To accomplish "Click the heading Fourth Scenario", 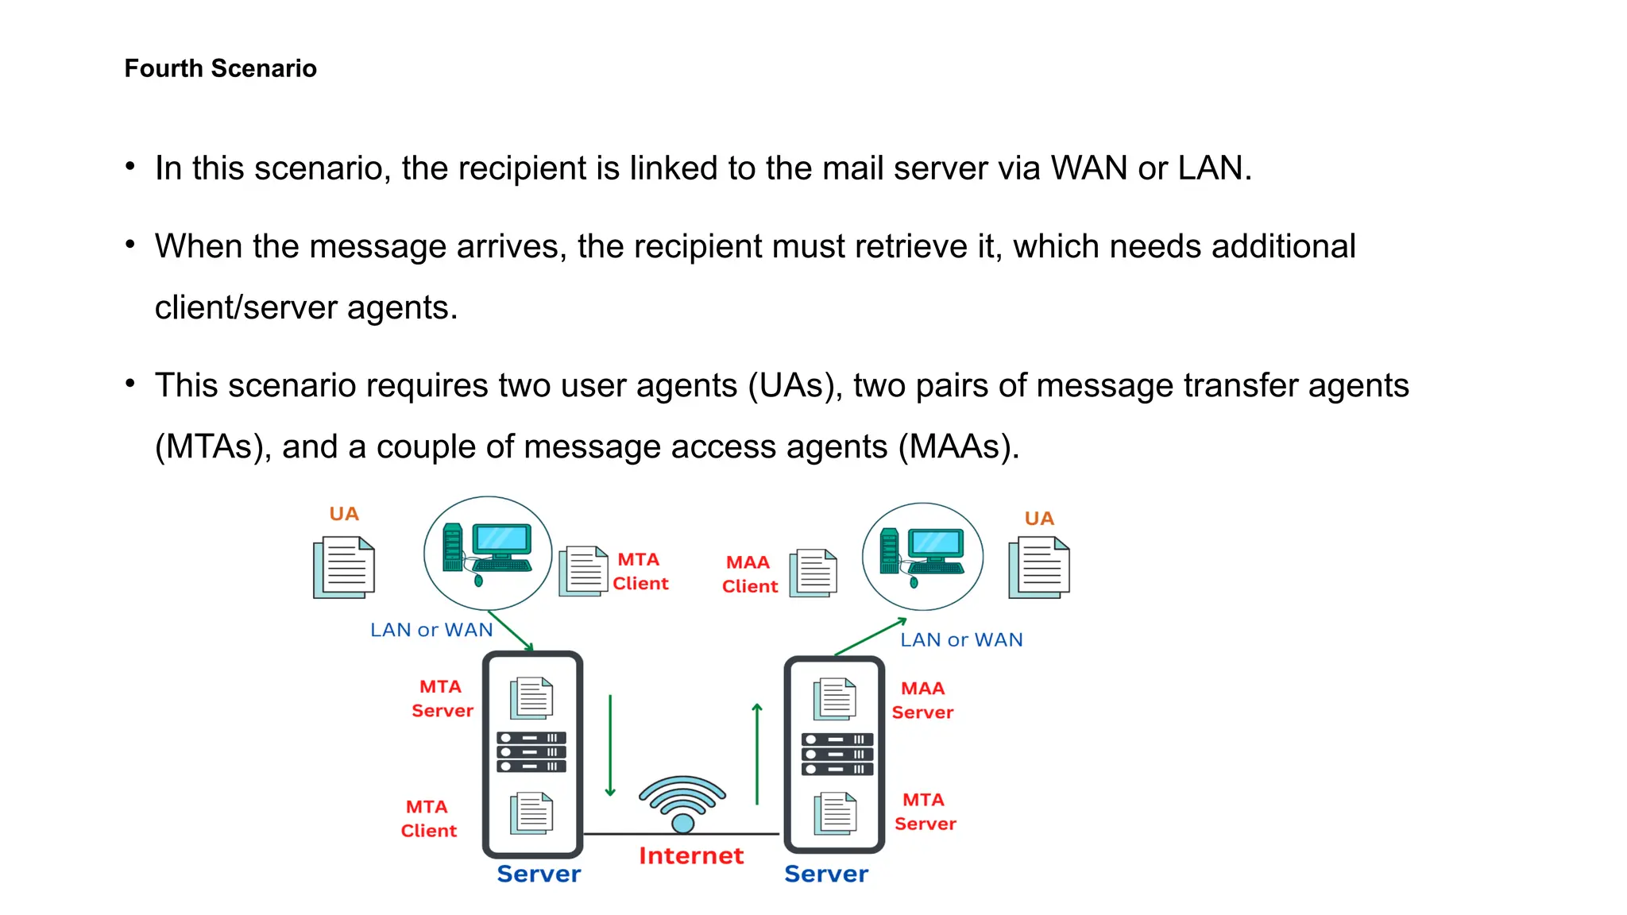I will point(220,68).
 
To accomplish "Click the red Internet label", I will point(691,855).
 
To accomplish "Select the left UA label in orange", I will point(344,514).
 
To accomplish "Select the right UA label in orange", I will point(1039,519).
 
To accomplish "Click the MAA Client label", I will point(749,574).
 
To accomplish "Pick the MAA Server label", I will point(922,701).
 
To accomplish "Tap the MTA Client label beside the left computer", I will point(640,571).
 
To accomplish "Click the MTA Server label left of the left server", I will point(442,698).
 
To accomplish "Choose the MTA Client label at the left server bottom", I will point(428,818).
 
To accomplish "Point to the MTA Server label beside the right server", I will point(925,812).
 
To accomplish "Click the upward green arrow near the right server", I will point(757,754).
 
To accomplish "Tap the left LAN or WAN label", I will point(431,630).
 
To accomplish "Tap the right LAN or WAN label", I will point(961,639).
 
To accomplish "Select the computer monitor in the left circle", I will point(501,541).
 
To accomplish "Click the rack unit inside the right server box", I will point(837,754).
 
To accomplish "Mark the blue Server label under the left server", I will point(539,874).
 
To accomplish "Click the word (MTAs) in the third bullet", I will point(208,447).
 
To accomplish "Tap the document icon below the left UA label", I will point(344,567).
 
